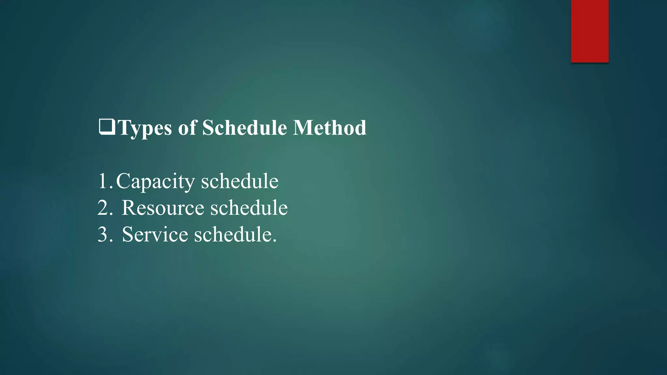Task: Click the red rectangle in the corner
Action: click(x=589, y=31)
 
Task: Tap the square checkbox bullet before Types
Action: click(x=107, y=127)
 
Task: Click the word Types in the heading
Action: click(x=145, y=128)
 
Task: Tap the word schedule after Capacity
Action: click(x=240, y=181)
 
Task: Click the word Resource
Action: click(x=163, y=208)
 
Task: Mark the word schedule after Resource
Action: click(x=249, y=208)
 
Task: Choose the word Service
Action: click(x=155, y=234)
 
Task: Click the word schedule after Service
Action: click(x=233, y=234)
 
